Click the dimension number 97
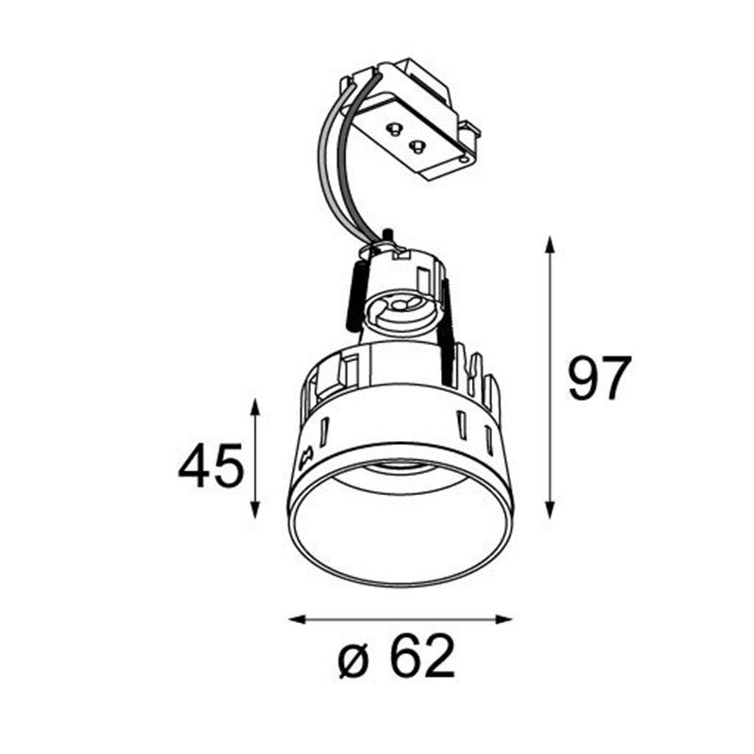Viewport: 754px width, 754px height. pyautogui.click(x=598, y=378)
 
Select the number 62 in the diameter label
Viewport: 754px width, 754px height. pyautogui.click(x=422, y=656)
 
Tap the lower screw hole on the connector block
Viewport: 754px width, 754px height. pyautogui.click(x=415, y=145)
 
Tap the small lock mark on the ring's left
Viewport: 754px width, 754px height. pyautogui.click(x=304, y=459)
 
